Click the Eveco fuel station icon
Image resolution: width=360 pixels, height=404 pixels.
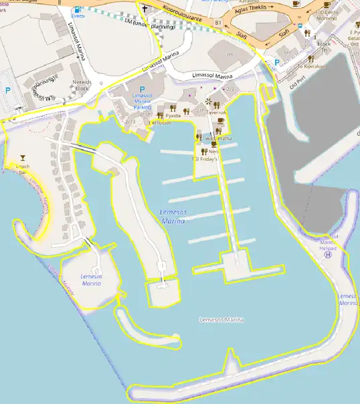[78, 9]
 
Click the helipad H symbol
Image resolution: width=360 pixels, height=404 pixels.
[328, 254]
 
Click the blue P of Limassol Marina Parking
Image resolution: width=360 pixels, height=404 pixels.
[142, 89]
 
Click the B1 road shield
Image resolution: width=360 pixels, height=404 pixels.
[217, 23]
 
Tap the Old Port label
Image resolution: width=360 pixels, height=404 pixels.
[298, 84]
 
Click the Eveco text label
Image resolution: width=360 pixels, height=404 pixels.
[78, 16]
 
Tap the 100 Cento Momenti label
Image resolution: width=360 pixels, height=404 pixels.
[327, 16]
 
